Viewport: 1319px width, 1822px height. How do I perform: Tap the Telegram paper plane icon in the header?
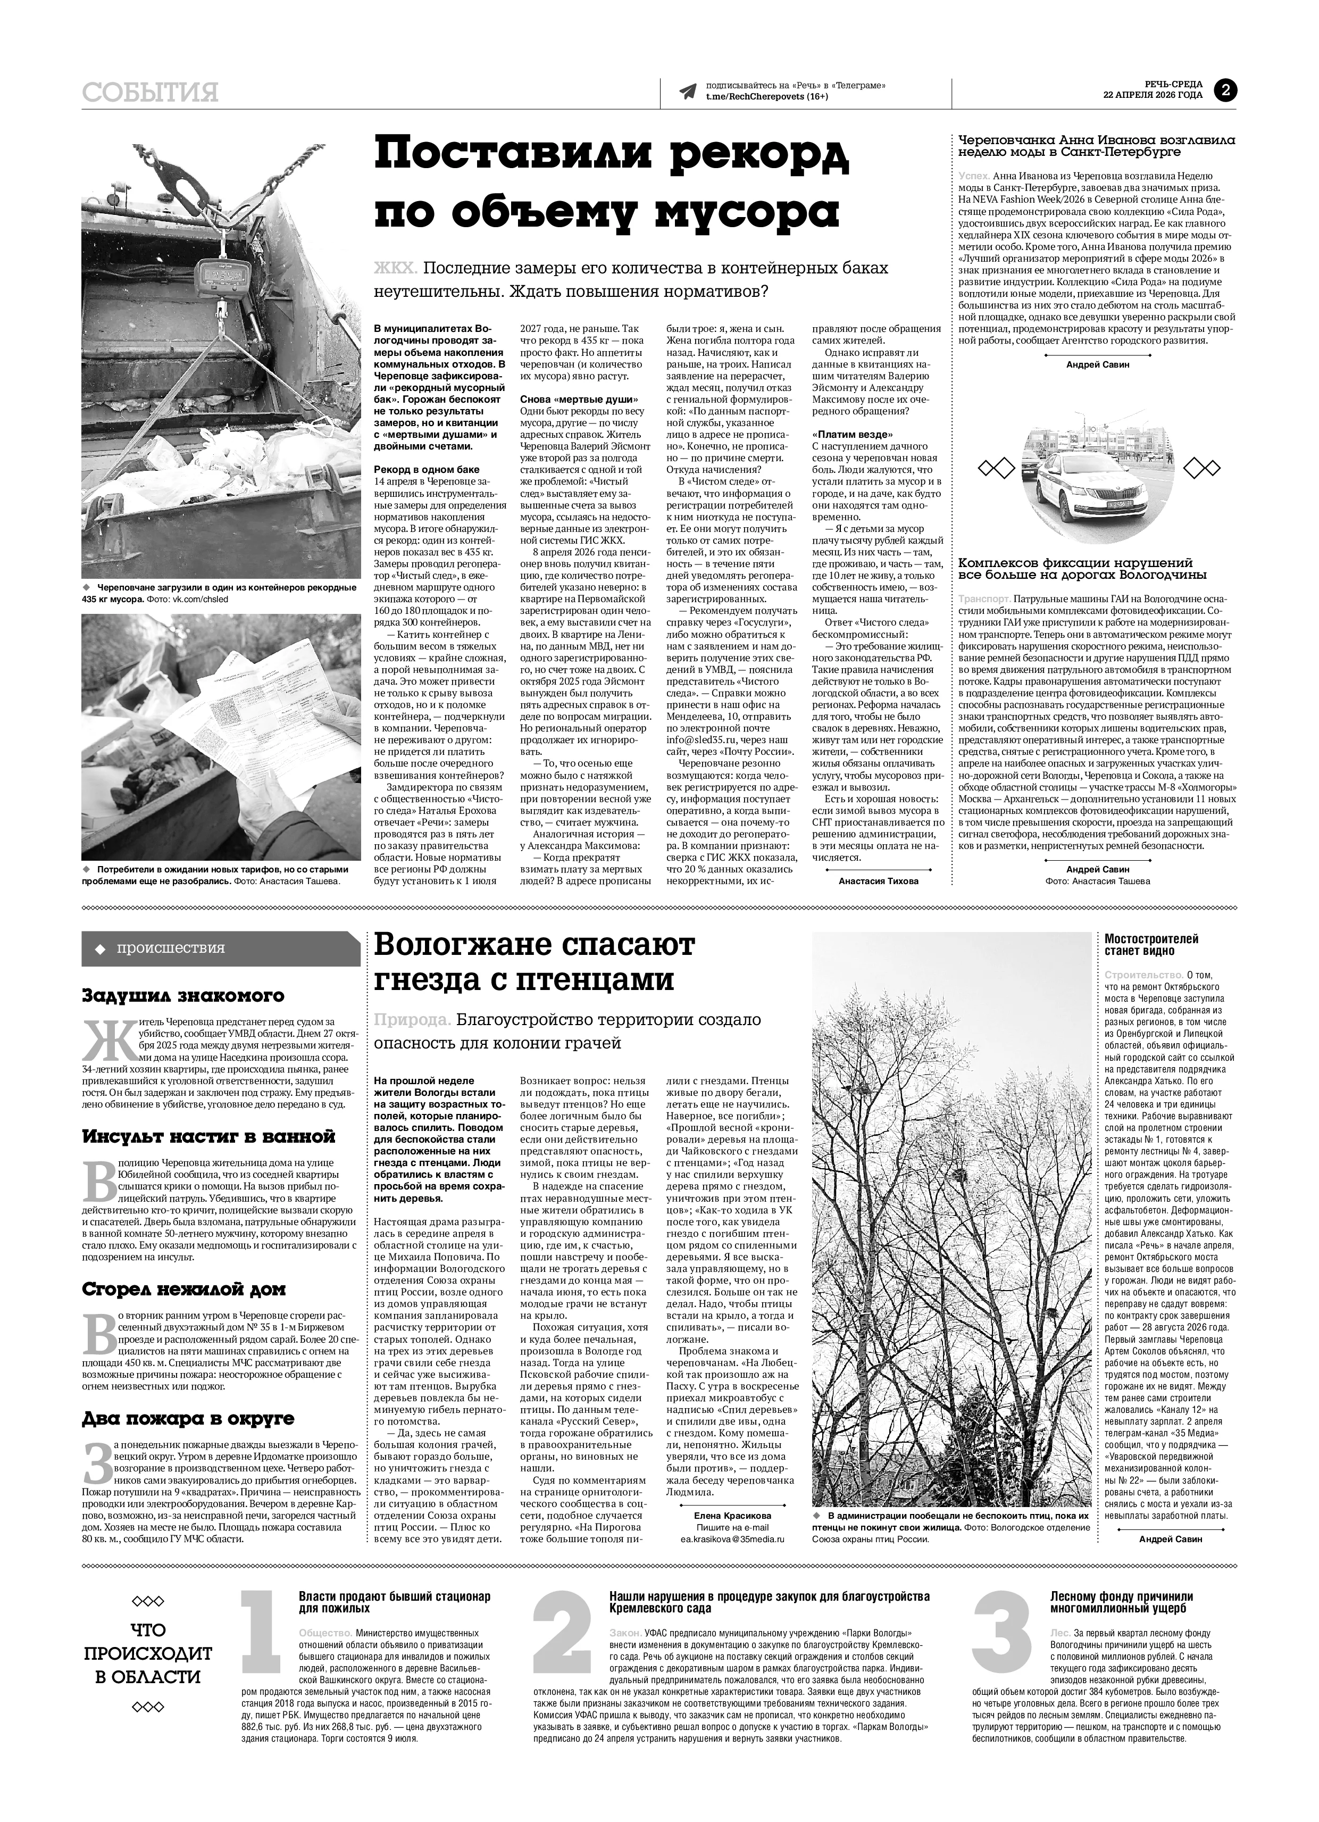(x=687, y=91)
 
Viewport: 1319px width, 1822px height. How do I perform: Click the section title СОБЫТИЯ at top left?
(x=150, y=93)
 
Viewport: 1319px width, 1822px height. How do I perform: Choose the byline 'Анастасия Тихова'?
(x=878, y=880)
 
